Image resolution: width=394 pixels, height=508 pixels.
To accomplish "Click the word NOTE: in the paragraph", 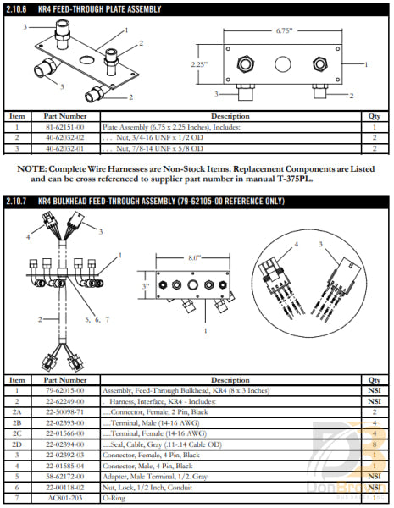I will (32, 169).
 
